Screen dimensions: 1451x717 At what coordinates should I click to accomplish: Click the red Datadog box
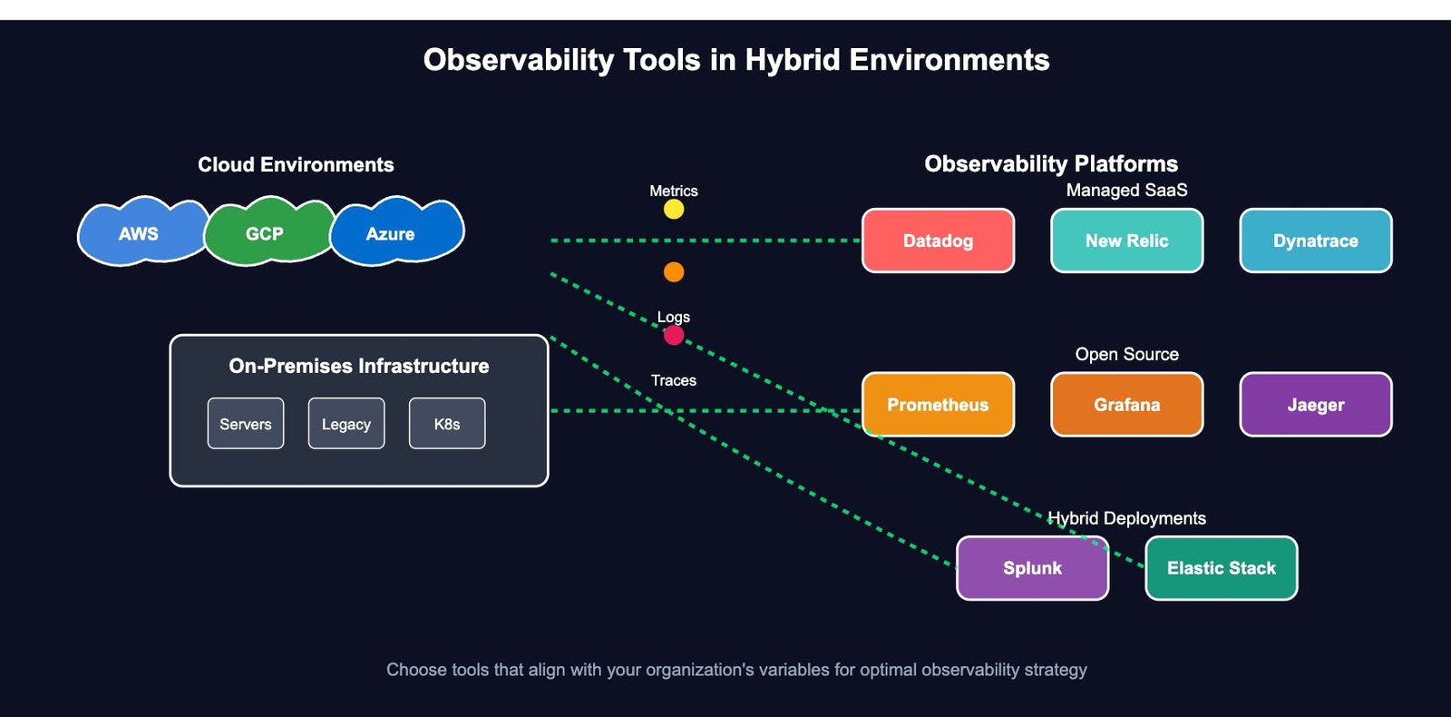(x=938, y=241)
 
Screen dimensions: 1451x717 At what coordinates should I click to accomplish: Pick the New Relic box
(x=1127, y=241)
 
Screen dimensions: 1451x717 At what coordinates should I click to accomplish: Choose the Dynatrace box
(x=1316, y=241)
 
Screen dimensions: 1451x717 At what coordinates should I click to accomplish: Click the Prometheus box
(x=938, y=405)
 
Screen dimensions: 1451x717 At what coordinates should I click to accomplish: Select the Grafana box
(x=1127, y=405)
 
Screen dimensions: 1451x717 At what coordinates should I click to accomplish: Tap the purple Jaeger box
(x=1316, y=405)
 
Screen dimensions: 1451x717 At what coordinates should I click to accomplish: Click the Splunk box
(x=1033, y=568)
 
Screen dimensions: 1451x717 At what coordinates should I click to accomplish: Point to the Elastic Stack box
(x=1222, y=568)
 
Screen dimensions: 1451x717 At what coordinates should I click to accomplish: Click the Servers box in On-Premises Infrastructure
(x=246, y=423)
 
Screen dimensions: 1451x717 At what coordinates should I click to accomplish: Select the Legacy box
(x=346, y=423)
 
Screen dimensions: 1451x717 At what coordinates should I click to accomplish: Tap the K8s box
(x=447, y=423)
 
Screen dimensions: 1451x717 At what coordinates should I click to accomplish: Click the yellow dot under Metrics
(x=674, y=210)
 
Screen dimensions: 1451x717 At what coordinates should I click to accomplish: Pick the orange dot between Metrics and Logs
(x=674, y=272)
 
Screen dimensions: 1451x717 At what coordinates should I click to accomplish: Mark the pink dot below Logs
(x=674, y=335)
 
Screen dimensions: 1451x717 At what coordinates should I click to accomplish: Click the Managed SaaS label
(x=1127, y=190)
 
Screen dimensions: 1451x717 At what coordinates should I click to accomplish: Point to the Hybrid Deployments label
(x=1127, y=518)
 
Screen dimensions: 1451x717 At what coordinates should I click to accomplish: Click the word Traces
(x=674, y=380)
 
